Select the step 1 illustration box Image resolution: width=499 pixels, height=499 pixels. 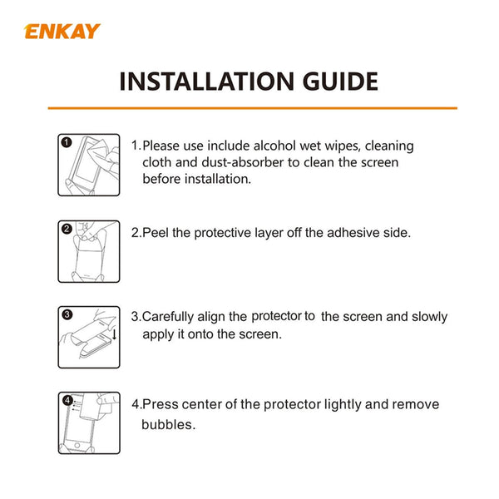89,165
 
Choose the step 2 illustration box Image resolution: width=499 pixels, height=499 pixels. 89,250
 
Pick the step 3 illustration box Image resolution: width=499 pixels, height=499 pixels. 89,337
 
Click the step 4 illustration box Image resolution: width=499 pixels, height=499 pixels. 89,423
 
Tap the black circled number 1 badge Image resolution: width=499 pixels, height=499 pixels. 67,142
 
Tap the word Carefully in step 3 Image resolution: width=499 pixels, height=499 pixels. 172,317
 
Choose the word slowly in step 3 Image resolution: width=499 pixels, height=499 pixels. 427,317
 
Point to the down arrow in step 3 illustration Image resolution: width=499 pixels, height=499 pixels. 114,334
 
